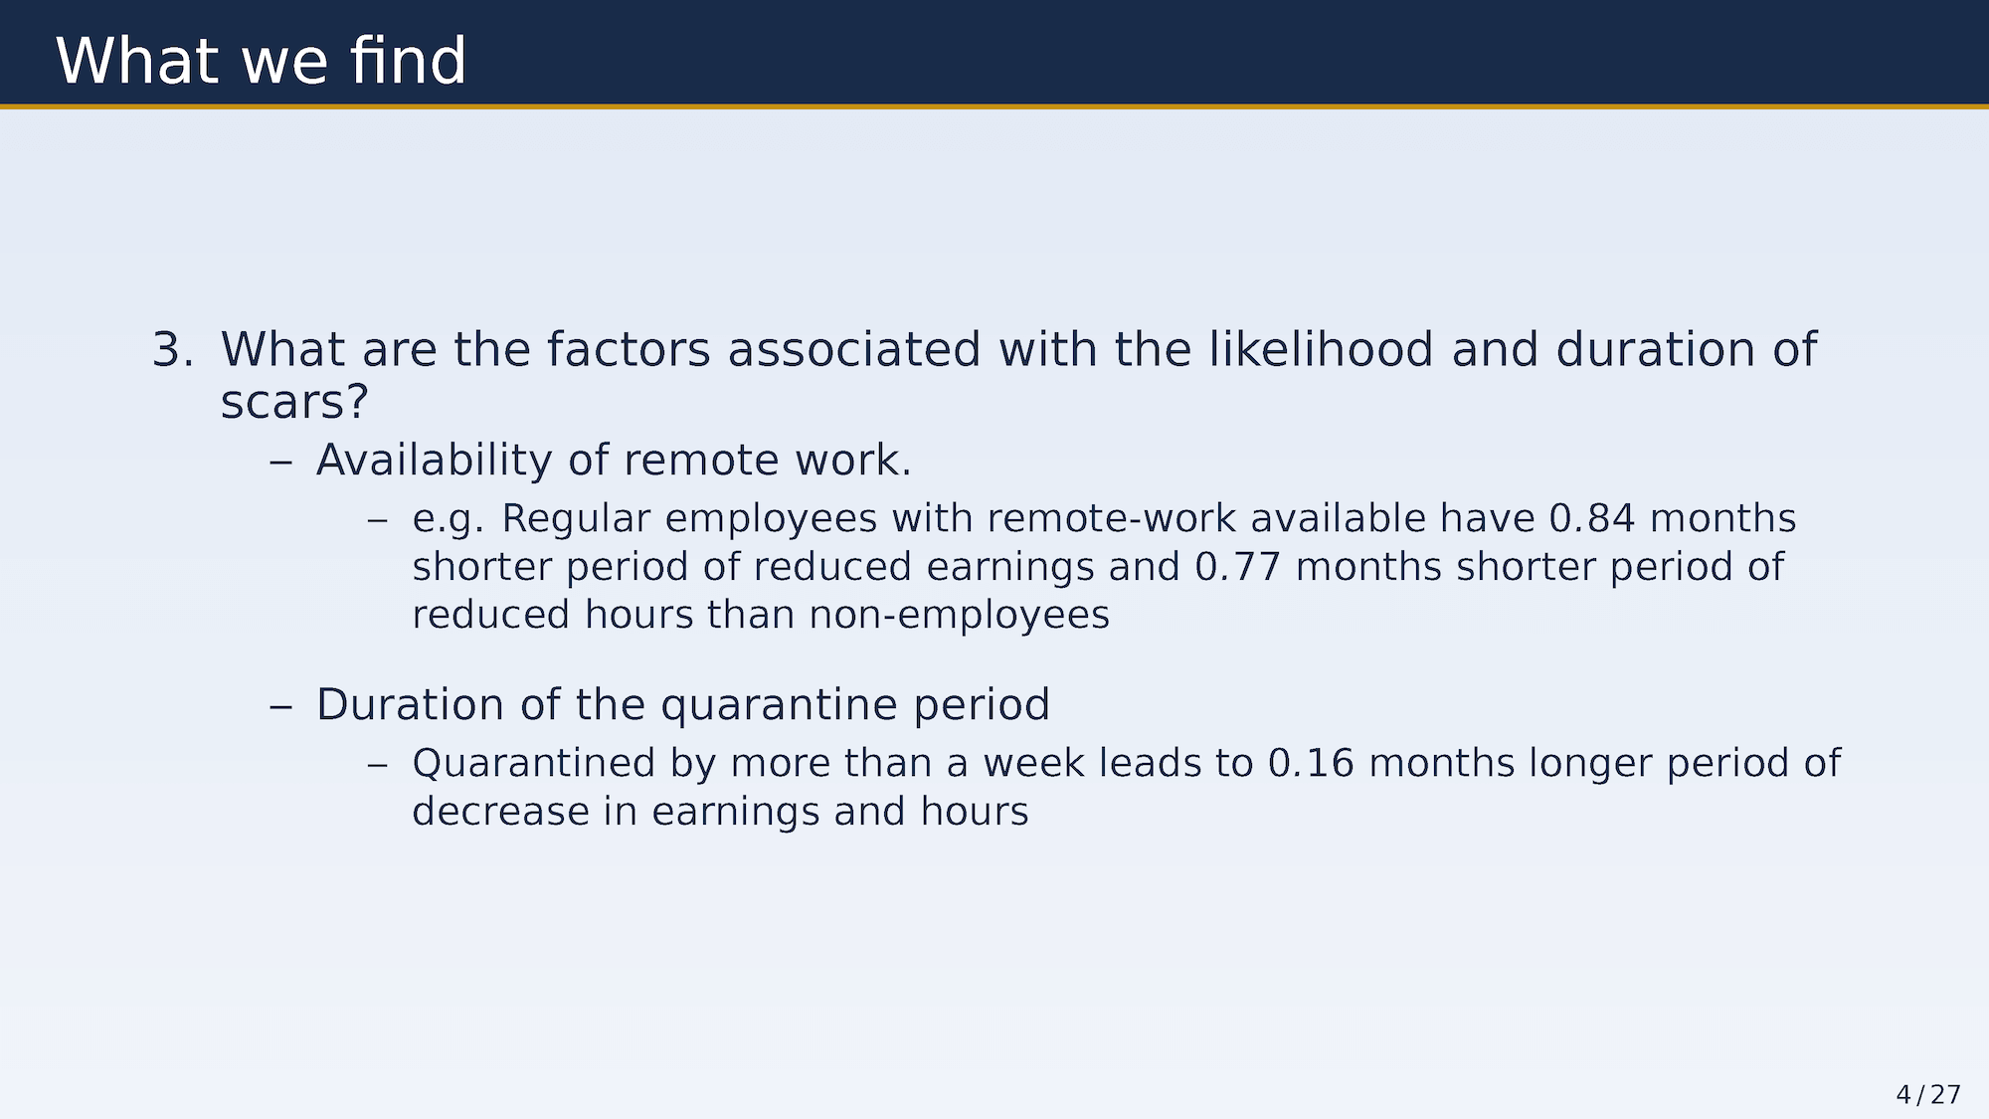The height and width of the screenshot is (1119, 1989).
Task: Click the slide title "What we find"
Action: [x=261, y=61]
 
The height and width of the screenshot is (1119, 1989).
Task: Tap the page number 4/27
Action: [x=1928, y=1095]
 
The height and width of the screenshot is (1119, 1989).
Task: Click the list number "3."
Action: [x=172, y=350]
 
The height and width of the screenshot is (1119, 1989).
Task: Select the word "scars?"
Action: [x=294, y=403]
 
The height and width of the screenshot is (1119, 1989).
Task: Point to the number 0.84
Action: [x=1592, y=518]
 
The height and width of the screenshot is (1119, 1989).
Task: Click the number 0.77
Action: [x=1237, y=566]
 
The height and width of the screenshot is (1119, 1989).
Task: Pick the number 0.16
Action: [x=1311, y=763]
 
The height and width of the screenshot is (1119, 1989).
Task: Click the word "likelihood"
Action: [x=1321, y=350]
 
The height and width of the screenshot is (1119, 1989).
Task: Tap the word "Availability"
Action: [x=434, y=461]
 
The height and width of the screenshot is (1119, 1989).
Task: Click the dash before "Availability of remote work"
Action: [x=281, y=462]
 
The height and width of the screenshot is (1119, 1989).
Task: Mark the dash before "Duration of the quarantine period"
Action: [x=281, y=706]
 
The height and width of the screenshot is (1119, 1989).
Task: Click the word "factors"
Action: [x=629, y=350]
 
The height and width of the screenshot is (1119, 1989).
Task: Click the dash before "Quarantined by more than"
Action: [x=377, y=764]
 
